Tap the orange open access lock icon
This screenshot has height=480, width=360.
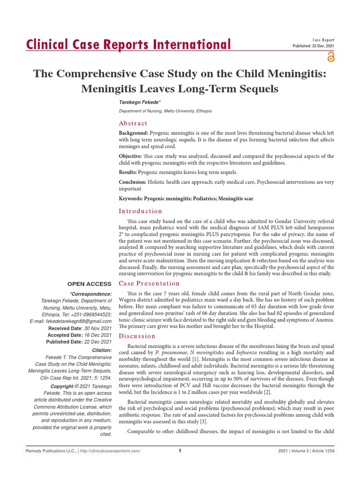coord(331,57)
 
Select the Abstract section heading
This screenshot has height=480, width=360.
coord(133,123)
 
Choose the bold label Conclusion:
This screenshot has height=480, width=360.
coord(133,182)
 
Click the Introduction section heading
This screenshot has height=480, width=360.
coord(141,211)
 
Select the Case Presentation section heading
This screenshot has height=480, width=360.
coord(149,283)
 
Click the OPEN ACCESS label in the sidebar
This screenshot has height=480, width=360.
coord(90,284)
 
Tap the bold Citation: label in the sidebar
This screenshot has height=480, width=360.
coord(101,350)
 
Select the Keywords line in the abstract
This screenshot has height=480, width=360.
coord(186,199)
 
